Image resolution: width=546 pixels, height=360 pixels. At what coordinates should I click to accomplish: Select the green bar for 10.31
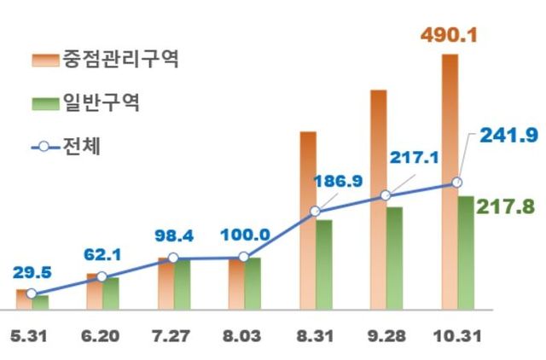coord(465,253)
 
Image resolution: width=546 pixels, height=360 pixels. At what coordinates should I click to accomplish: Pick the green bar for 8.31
coord(324,264)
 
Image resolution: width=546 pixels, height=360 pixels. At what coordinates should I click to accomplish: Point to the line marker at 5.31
coord(31,294)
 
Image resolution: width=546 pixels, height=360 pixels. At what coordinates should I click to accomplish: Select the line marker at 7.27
coord(173,258)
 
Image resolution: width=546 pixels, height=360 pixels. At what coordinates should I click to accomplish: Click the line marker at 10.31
coord(457,183)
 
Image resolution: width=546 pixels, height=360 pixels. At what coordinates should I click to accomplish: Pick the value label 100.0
coord(244,234)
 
